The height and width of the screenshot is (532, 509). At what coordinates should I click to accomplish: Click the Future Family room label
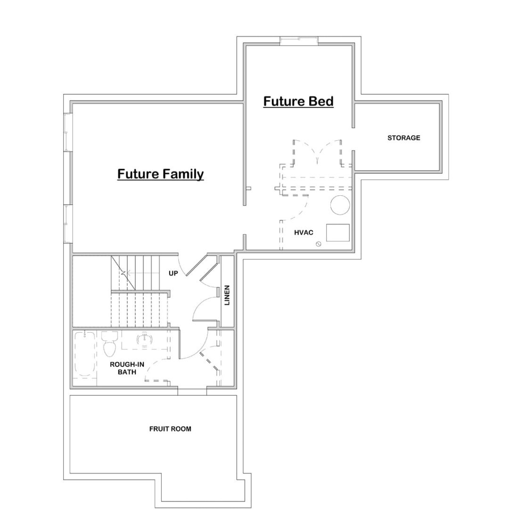(160, 174)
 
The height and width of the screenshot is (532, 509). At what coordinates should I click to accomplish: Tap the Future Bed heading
(298, 101)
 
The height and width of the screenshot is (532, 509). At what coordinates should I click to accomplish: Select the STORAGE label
(403, 138)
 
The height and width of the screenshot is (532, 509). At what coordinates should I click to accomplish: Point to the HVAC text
(304, 233)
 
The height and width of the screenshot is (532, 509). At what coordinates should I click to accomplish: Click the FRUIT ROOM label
(170, 429)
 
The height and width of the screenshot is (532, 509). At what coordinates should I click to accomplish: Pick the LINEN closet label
(227, 295)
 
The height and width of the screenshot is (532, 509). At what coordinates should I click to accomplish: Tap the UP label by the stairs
(173, 273)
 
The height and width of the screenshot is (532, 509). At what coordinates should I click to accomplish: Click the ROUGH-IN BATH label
(127, 368)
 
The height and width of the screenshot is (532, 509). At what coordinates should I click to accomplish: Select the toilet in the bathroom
(109, 344)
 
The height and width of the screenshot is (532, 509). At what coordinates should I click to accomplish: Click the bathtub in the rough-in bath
(84, 354)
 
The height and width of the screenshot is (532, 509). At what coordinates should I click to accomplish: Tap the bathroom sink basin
(145, 339)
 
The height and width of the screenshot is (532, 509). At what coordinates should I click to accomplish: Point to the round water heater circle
(340, 205)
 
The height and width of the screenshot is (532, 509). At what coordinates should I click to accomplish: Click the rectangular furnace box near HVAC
(338, 233)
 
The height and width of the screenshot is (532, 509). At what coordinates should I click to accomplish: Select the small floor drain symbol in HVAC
(318, 244)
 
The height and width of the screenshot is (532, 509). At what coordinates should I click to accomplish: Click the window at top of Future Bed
(299, 41)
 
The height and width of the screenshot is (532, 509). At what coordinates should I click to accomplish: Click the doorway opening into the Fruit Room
(192, 391)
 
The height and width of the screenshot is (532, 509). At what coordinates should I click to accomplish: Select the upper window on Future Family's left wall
(68, 132)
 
